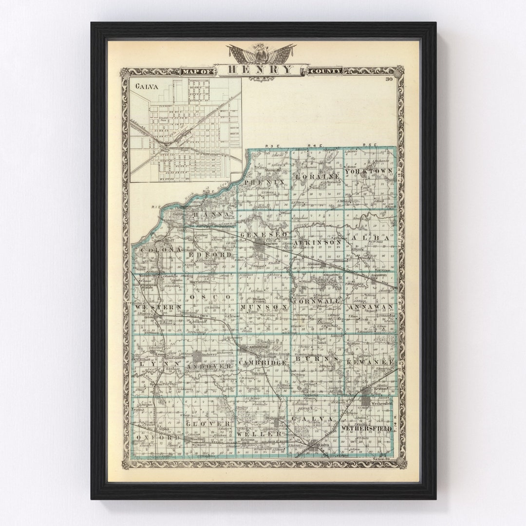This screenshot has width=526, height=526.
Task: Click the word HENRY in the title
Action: click(x=261, y=70)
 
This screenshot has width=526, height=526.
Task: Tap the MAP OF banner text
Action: click(x=197, y=72)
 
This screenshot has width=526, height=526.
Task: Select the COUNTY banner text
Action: click(x=325, y=72)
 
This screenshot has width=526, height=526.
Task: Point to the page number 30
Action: click(x=389, y=79)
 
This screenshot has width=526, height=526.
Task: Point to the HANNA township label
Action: click(x=211, y=214)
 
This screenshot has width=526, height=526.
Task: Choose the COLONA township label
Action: click(x=154, y=249)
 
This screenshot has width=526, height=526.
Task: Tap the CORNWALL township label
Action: click(x=317, y=301)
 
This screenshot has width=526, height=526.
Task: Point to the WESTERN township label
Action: click(x=152, y=307)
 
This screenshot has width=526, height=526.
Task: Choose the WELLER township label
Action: click(x=259, y=433)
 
